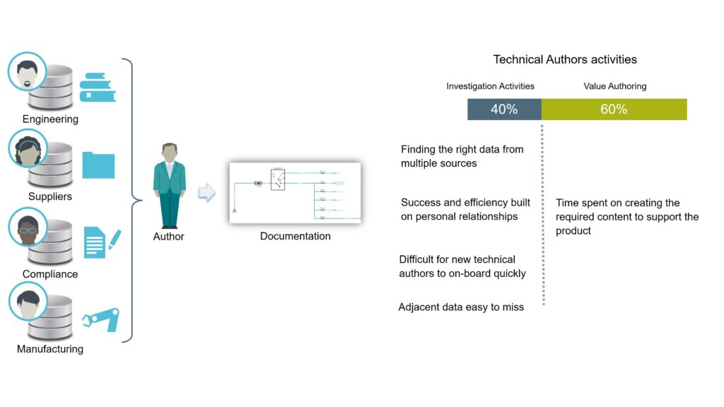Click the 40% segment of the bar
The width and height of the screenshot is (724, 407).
pos(504,110)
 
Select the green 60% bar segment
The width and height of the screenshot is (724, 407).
pos(614,110)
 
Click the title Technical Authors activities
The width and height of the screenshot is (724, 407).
pos(565,59)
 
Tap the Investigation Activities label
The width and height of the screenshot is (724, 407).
pos(490,86)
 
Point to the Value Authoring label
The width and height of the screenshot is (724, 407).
pos(614,86)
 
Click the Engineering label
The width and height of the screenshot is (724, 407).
pos(50,119)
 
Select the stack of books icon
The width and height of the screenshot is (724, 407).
pos(98,87)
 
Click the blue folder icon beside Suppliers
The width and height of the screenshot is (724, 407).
pos(98,165)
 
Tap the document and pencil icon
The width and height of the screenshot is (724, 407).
pos(103,242)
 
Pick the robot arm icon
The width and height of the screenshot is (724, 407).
pos(101,319)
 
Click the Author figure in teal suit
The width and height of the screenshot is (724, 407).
pos(170,186)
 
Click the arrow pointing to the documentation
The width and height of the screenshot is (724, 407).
pos(206,192)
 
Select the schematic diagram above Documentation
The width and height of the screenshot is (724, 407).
pos(295,193)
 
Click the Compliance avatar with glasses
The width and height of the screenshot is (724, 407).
pos(28,227)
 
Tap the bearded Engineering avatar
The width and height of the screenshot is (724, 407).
pos(28,71)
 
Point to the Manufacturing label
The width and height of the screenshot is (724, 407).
pos(50,349)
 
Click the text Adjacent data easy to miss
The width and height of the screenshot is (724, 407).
pos(461,307)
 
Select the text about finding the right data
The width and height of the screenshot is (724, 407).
pos(462,156)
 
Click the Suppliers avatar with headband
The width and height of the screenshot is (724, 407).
pos(28,148)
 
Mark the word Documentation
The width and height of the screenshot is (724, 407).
pos(295,236)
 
